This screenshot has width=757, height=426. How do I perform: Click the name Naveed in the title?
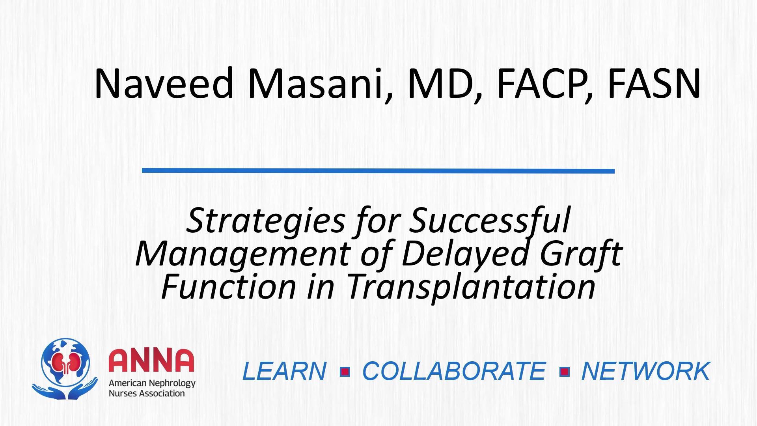tap(164, 83)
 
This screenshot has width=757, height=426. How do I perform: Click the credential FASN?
tap(654, 83)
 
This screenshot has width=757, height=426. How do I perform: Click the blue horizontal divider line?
tap(378, 171)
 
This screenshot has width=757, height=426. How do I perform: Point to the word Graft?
tap(581, 254)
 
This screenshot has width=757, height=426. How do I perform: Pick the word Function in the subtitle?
tap(229, 287)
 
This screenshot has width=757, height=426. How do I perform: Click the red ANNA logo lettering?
tap(151, 360)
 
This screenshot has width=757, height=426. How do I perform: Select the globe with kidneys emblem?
tap(65, 368)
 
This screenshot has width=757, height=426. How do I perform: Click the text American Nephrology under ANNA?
tap(152, 383)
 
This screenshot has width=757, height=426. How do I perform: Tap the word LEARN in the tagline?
tap(284, 371)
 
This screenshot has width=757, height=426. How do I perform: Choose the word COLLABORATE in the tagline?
tap(454, 371)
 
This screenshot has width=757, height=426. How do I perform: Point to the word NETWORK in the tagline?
tap(646, 371)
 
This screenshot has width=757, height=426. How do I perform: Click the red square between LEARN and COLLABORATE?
tap(345, 372)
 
